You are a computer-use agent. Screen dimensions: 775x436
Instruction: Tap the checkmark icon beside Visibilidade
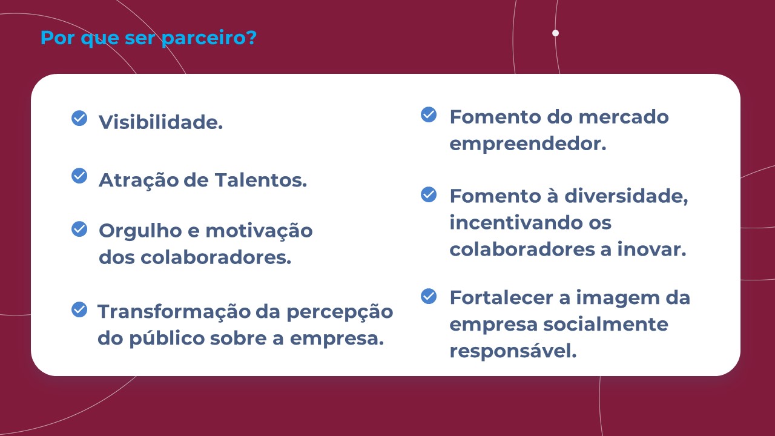coord(79,118)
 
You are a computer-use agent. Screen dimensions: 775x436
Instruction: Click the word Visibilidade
coord(161,122)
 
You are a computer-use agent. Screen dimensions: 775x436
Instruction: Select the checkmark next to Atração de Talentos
coord(79,176)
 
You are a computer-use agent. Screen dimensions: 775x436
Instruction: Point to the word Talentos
coord(261,180)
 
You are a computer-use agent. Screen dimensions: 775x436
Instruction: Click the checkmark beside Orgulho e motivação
coord(79,229)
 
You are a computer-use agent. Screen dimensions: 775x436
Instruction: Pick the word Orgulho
coord(140,231)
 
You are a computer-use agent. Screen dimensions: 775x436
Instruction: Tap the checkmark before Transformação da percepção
coord(79,309)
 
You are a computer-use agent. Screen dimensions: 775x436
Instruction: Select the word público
coord(167,339)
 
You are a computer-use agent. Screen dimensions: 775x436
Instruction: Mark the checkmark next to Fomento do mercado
coord(429,114)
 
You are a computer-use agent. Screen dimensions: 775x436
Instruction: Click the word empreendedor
coord(528,144)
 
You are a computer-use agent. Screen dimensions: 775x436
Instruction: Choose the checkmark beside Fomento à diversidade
coord(429,194)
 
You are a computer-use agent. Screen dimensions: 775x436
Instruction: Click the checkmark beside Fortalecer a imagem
coord(429,296)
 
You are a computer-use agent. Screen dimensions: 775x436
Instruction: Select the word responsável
coord(513,351)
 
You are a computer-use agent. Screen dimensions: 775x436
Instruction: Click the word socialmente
coord(605,325)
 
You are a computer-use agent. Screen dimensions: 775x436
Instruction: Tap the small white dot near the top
coord(556,33)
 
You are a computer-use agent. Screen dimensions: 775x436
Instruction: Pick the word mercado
coord(624,117)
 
